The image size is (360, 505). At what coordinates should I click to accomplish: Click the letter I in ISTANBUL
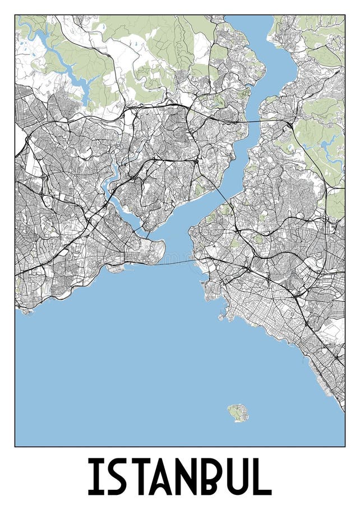pos(93,477)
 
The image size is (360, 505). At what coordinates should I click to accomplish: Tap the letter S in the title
pos(116,477)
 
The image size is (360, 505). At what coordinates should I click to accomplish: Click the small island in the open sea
pos(237,413)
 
